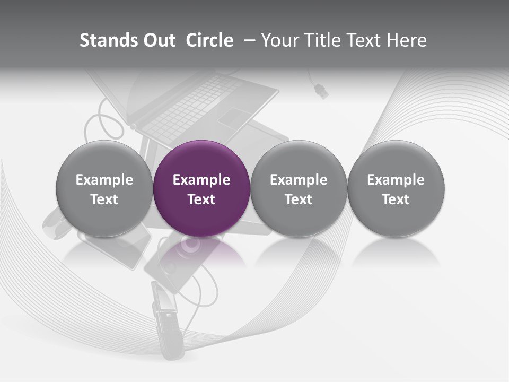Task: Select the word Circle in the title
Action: point(209,40)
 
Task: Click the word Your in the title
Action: point(280,40)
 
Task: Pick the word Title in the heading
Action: point(322,40)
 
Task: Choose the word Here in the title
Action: point(407,40)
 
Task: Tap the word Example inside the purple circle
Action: point(201,180)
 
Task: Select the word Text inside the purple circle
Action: point(201,199)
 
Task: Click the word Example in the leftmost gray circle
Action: point(104,180)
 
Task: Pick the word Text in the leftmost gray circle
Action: point(104,199)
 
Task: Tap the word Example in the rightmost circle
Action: point(396,180)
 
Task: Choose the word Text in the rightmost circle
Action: point(396,199)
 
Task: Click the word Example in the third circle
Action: point(299,180)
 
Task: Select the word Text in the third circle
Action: point(299,199)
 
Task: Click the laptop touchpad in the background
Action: point(233,117)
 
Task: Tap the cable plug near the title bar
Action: point(321,91)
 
